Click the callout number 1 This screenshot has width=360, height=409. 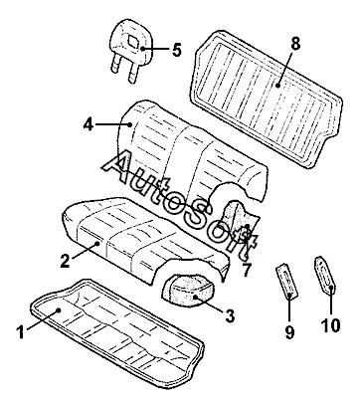point(21,332)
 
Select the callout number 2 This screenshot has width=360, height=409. point(66,261)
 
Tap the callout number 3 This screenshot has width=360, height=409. point(230,315)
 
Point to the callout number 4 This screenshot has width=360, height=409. point(88,124)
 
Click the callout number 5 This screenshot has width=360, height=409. point(177,50)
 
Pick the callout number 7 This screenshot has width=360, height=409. point(246,271)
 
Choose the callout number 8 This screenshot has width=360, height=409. point(294,44)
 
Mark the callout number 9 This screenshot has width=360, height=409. point(289,331)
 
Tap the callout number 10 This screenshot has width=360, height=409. point(331,325)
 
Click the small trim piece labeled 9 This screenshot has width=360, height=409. point(287,281)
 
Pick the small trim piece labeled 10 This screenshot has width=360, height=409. point(325,275)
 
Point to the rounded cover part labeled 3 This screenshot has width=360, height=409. point(189,292)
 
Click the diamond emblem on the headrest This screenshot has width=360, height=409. point(134,42)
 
